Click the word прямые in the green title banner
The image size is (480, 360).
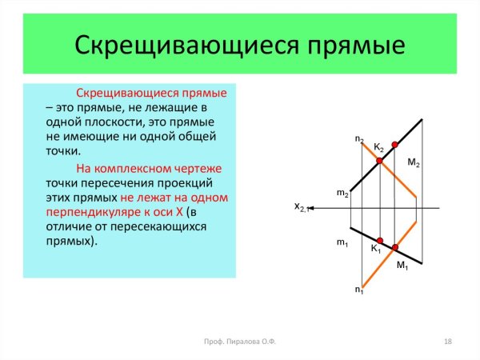point(349,46)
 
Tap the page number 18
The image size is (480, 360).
point(448,342)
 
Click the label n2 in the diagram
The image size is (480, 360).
point(359,140)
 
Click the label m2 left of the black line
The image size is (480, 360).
point(342,194)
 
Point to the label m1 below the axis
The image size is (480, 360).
point(342,242)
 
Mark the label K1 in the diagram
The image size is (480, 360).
point(375,250)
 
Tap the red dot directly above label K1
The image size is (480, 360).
point(380,240)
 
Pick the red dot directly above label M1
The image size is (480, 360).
point(395,247)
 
